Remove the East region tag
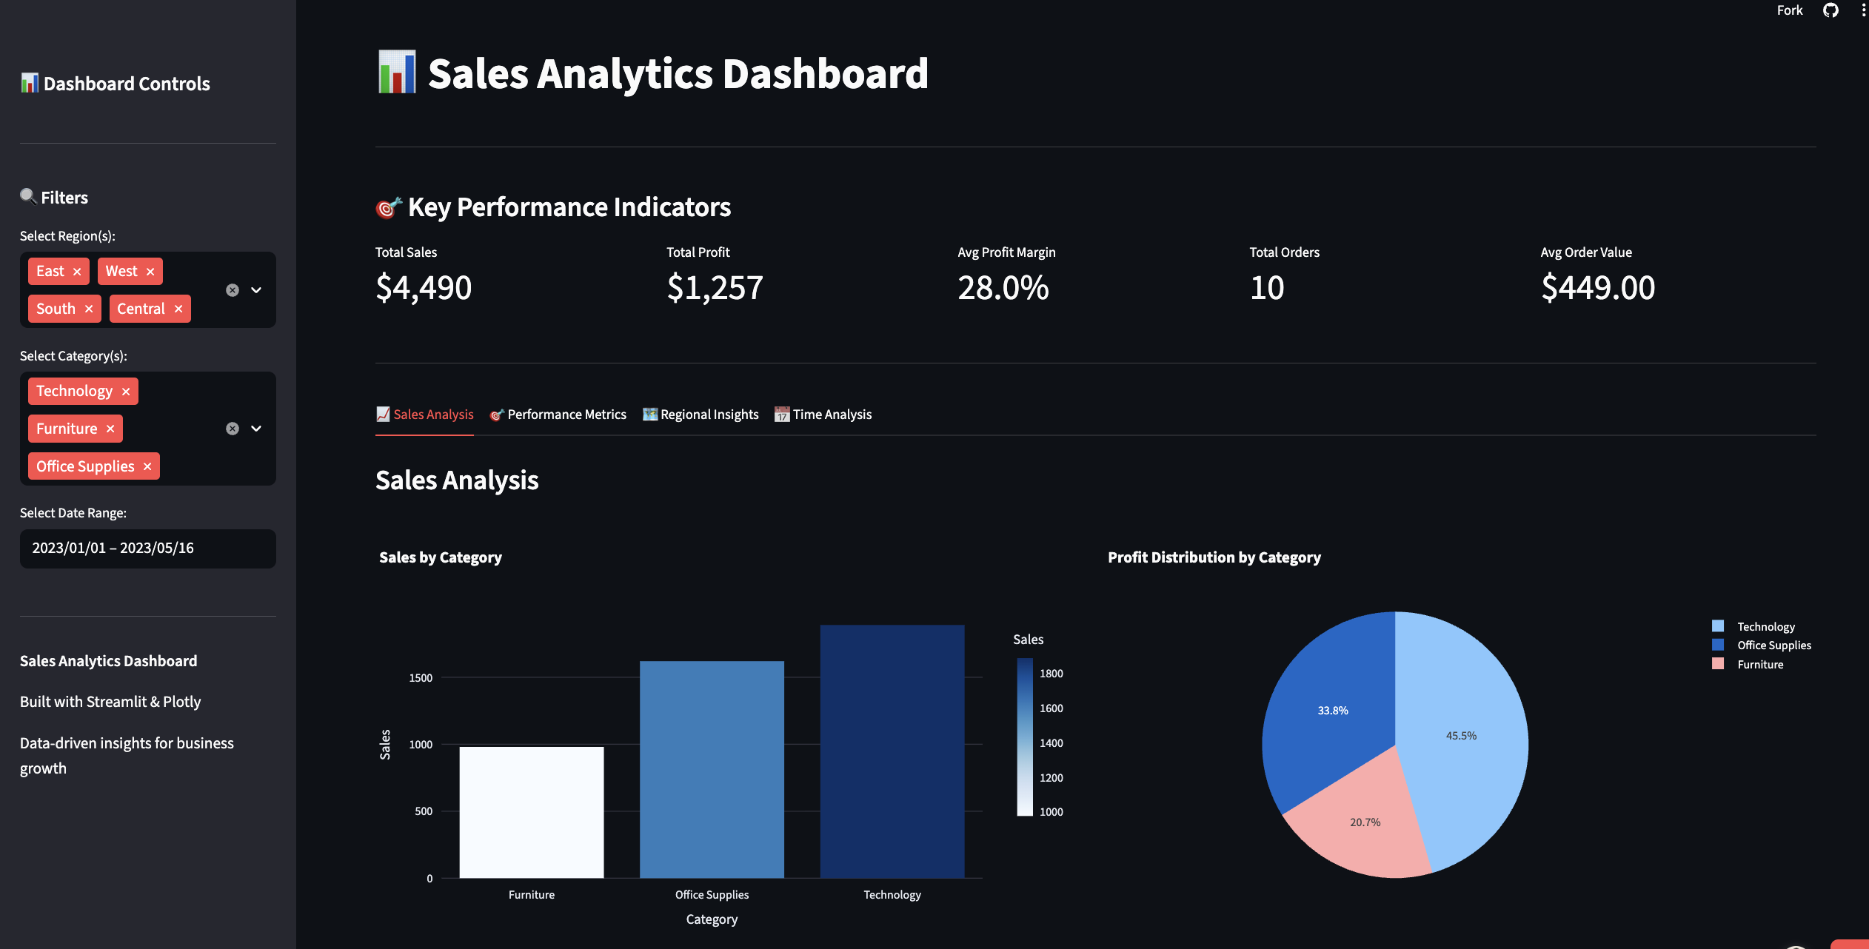click(77, 272)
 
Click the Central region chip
click(141, 309)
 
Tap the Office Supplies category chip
click(85, 466)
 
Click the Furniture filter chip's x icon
click(110, 429)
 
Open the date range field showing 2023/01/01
click(147, 549)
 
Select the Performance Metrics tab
click(558, 415)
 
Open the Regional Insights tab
click(701, 415)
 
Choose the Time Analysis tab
click(823, 415)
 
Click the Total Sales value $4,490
click(424, 288)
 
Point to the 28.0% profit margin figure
click(1003, 288)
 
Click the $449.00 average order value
click(1598, 288)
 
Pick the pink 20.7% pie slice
click(1364, 822)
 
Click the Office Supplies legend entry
click(1773, 645)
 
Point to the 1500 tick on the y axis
click(421, 678)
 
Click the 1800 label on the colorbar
click(1051, 674)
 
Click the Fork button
click(1789, 10)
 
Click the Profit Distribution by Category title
click(1214, 557)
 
